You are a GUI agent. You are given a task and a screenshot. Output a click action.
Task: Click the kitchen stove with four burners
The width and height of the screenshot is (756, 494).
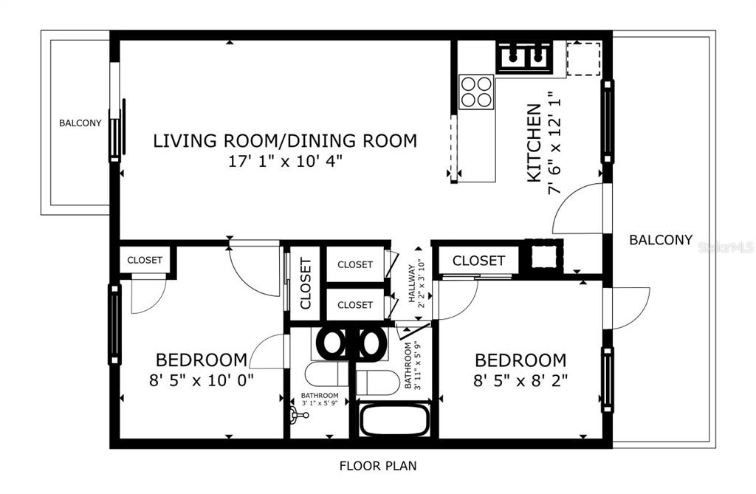pos(476,92)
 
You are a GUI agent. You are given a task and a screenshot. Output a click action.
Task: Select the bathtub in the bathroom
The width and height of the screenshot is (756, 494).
pos(394,419)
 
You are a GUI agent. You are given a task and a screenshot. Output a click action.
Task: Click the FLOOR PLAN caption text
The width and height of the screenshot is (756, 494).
pos(378,465)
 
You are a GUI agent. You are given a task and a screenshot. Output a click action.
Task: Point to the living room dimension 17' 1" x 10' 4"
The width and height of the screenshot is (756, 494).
pos(286,161)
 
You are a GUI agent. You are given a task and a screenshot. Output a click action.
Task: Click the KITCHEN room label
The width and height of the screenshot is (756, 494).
pos(535,143)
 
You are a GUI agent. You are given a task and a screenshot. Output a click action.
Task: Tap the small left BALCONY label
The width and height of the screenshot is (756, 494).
pos(80,123)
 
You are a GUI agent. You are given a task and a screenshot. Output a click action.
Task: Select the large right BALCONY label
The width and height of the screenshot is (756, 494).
pos(661,240)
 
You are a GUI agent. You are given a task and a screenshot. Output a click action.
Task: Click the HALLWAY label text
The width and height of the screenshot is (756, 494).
pos(411,283)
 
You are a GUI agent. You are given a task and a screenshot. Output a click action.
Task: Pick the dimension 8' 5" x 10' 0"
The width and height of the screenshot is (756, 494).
pos(202,380)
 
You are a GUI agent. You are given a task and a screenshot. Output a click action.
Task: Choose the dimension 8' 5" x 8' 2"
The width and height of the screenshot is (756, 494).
pos(520,381)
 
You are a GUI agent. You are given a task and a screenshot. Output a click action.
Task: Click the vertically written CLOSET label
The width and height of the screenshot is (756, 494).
pos(306,284)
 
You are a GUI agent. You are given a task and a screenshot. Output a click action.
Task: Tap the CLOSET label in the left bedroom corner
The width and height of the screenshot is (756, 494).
pos(145,260)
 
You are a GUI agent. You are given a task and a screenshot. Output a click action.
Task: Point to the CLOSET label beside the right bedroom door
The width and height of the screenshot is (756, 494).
pos(478,261)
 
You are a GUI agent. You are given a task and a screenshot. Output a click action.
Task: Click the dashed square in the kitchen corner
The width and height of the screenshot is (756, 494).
pos(583,58)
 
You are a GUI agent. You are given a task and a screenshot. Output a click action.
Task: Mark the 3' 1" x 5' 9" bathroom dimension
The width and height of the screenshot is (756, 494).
pos(320,403)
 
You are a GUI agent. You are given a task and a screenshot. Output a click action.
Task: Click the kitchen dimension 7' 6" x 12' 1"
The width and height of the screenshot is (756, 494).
pos(555,143)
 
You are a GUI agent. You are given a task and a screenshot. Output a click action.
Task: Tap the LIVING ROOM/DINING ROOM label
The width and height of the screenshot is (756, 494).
pos(285,140)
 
